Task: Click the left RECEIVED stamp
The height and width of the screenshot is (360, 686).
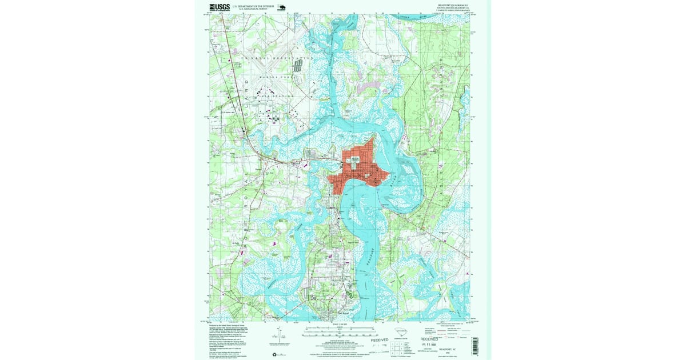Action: pos(379,340)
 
